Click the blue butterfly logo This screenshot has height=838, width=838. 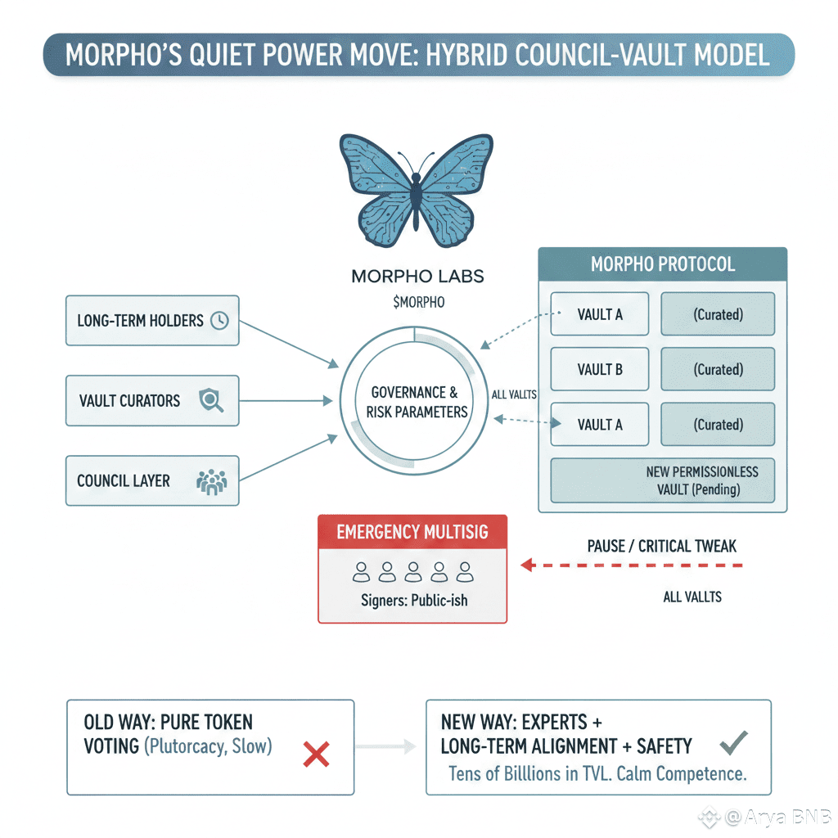(x=417, y=191)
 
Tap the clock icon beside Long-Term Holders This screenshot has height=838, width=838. (x=219, y=321)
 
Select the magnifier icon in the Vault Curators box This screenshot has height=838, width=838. (x=211, y=400)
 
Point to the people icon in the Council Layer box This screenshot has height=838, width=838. (x=212, y=481)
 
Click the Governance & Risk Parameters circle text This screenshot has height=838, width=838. (x=417, y=402)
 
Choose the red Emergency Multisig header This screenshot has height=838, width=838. (x=412, y=532)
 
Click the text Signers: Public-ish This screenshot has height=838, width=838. (x=414, y=600)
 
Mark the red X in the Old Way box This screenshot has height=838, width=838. (x=316, y=754)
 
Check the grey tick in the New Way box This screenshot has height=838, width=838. (x=732, y=744)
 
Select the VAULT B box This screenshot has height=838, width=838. (x=600, y=369)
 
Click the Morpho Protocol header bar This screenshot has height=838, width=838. (x=662, y=265)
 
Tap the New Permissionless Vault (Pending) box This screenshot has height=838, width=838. (x=663, y=480)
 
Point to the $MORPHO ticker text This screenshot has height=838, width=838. (x=418, y=302)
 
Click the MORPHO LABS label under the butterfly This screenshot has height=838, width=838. (x=417, y=277)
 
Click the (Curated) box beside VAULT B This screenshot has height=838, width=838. (x=718, y=369)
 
